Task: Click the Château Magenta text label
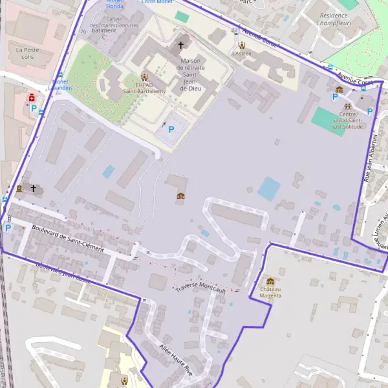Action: coord(270,292)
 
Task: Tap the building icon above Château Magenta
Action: coord(270,281)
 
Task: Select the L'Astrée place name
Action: coord(242,54)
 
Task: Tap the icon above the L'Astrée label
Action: coord(242,45)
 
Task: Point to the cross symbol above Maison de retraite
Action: coord(181,45)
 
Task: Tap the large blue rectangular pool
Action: coord(269,188)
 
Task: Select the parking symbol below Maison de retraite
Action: coord(171,129)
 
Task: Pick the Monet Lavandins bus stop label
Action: coord(62,85)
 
